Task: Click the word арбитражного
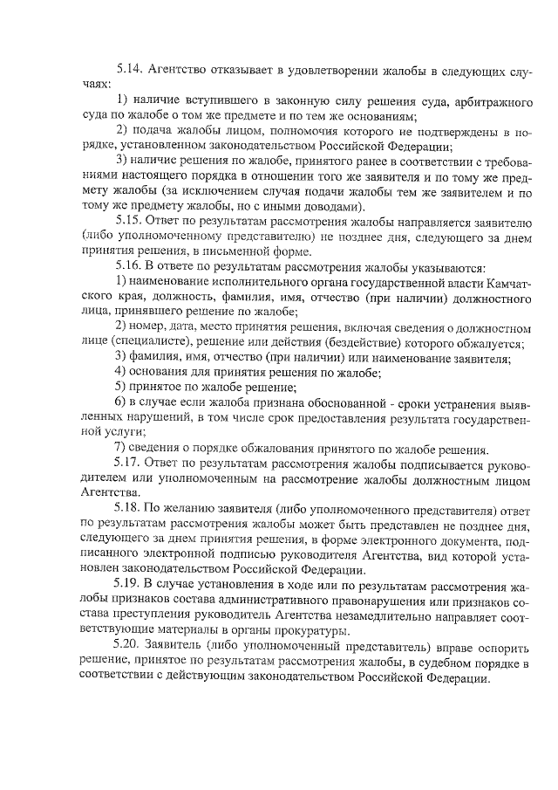coord(489,103)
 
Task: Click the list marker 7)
coord(123,450)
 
